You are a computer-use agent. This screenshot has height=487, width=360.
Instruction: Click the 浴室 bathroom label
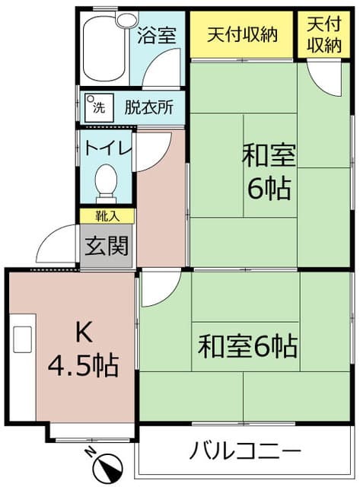point(157,35)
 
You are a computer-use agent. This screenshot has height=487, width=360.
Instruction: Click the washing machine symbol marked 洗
point(97,103)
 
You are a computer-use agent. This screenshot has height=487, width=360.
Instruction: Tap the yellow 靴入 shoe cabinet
point(107,216)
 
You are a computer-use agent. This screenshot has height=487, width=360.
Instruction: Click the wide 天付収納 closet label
point(242,34)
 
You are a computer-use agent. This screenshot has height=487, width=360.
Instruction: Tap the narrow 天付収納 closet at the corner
point(323,34)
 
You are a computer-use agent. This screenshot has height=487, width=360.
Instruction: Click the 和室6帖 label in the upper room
point(268,171)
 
